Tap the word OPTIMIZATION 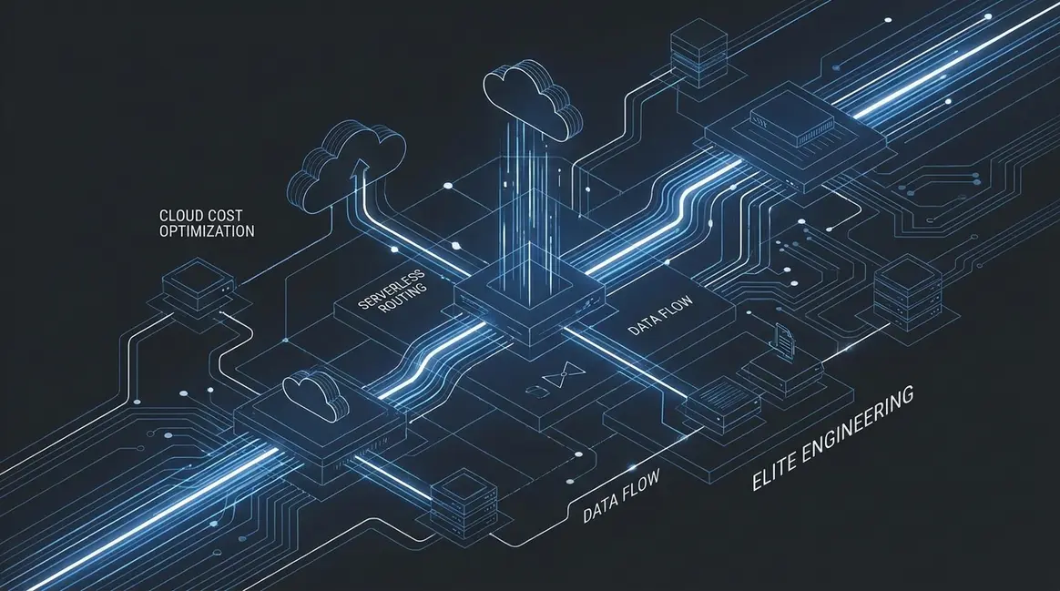pyautogui.click(x=207, y=231)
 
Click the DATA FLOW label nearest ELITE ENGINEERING pyautogui.click(x=620, y=496)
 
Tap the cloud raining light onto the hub pyautogui.click(x=531, y=98)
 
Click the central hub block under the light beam pyautogui.click(x=530, y=303)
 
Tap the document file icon pyautogui.click(x=784, y=338)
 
